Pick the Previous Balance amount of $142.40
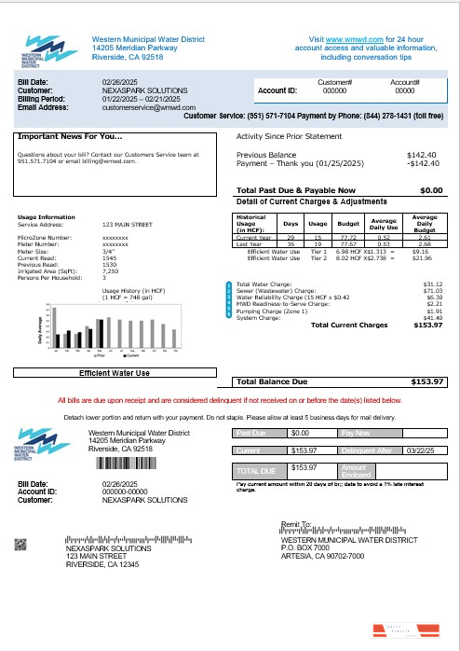(x=424, y=154)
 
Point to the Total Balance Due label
(x=271, y=381)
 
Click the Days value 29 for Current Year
(x=291, y=238)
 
